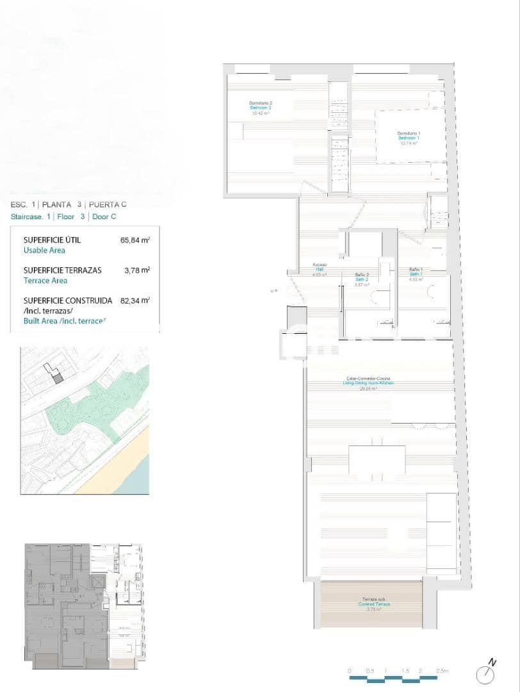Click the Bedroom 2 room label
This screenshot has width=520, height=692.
pos(261,108)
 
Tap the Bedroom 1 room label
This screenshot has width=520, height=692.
pos(408,138)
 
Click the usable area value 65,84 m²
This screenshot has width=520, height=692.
pos(134,240)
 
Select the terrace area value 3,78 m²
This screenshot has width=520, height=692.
pos(136,270)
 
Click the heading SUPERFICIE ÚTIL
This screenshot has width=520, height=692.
pos(52,240)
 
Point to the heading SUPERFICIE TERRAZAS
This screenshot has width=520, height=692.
pos(62,270)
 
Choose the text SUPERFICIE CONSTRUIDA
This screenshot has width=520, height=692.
pos(67,300)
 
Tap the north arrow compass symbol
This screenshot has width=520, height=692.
pos(485,673)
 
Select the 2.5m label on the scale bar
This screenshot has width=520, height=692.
pos(442,670)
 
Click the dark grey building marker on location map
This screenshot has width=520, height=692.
pos(58,379)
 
